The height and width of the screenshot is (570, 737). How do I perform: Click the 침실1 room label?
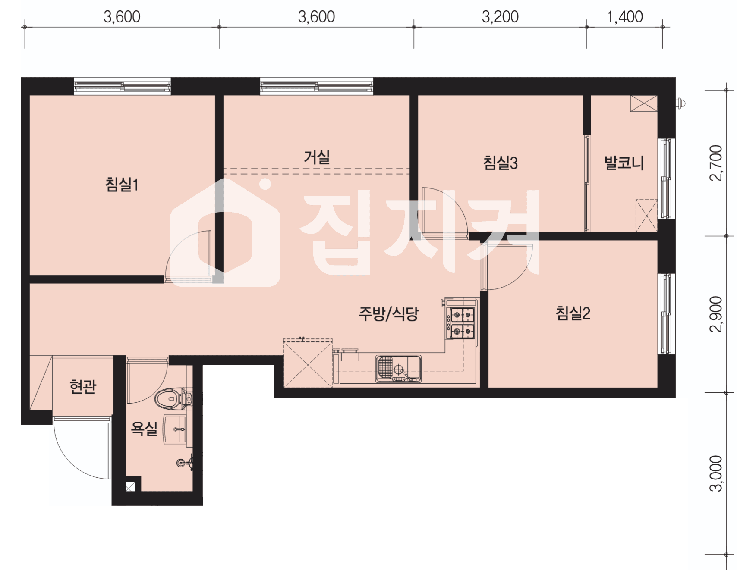coord(122,184)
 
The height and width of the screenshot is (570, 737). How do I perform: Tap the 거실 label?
coord(317,157)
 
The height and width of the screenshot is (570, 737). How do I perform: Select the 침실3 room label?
coord(500,163)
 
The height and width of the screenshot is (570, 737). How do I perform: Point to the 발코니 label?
coord(624,163)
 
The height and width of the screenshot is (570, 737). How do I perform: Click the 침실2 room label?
coord(573,313)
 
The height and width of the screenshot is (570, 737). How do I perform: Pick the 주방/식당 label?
coord(388,313)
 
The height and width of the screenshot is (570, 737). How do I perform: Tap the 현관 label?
coord(83,386)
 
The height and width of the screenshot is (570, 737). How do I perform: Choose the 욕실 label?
coord(144,429)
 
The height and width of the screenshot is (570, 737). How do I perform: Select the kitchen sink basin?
coord(398,369)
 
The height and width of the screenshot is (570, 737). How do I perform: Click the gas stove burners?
coord(462,323)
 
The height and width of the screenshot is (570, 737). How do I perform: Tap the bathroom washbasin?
coord(175,429)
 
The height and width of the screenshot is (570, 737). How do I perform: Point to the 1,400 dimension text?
coord(624,17)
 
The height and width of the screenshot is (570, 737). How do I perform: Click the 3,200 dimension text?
coord(500,17)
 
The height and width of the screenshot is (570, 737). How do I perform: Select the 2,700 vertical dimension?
coord(716,163)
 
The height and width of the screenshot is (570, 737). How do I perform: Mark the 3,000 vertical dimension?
coord(716,473)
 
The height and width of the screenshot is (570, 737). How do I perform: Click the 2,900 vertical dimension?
coord(716,314)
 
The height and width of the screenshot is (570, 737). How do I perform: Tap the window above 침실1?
coord(123,86)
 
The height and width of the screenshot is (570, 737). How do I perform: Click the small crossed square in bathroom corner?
coord(131,487)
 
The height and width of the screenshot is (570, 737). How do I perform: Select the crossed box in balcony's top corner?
coord(644,103)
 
